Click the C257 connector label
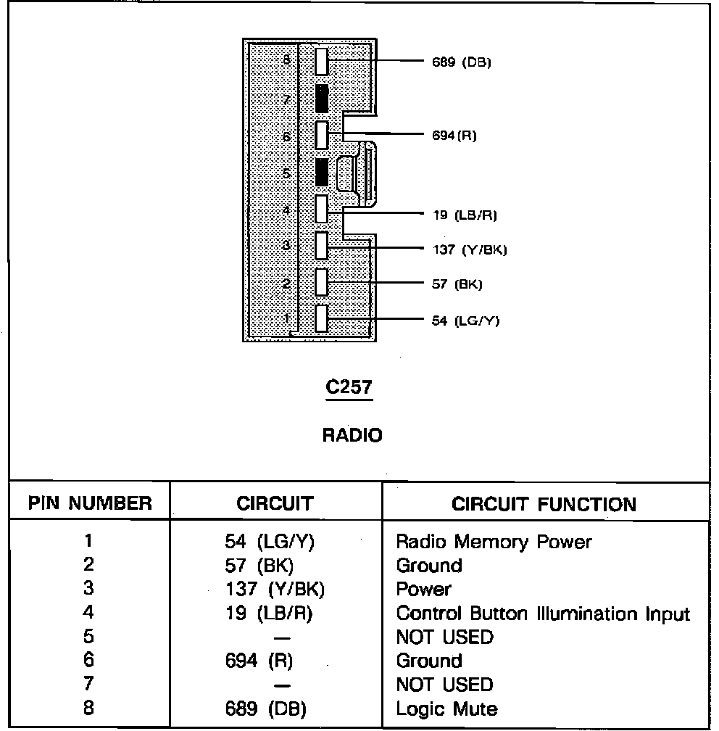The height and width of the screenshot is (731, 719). pos(349,388)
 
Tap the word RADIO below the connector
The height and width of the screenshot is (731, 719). pos(352,435)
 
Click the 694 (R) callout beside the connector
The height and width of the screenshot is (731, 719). pos(454,136)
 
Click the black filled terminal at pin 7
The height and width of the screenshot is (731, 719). pos(322,99)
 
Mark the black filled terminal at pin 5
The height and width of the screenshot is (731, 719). pos(322,172)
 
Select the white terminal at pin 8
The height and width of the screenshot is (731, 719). pos(322,62)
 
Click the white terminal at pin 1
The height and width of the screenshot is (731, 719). pos(322,318)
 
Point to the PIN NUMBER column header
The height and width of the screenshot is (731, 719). pos(90,503)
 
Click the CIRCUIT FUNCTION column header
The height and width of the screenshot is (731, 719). pos(544,504)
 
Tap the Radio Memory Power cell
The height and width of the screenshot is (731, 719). pos(494,542)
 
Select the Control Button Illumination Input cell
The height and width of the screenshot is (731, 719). pos(543,614)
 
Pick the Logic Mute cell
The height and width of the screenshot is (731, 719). pos(446,709)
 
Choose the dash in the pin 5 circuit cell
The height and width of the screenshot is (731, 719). pos(283,638)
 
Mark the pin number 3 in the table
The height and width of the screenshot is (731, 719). pos(88,590)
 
